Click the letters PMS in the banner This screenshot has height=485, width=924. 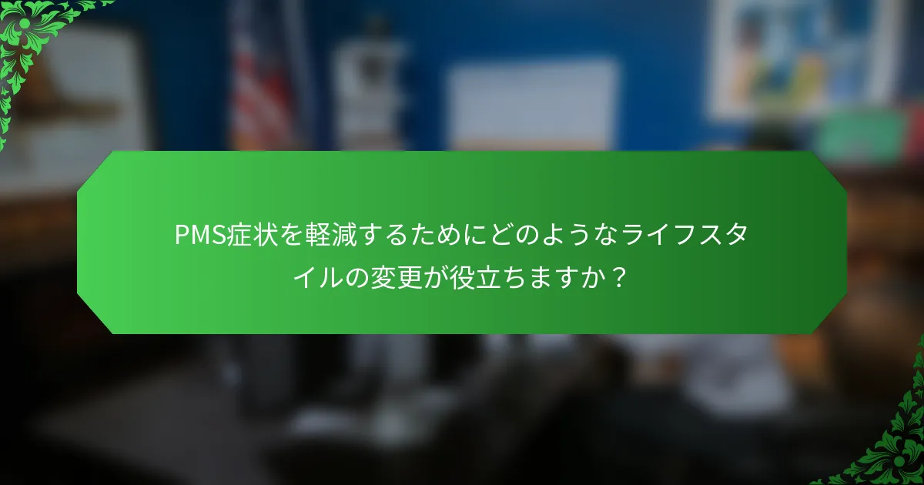coord(197,236)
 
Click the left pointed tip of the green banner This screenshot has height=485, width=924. coord(79,242)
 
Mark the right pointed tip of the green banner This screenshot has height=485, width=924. coord(845,242)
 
